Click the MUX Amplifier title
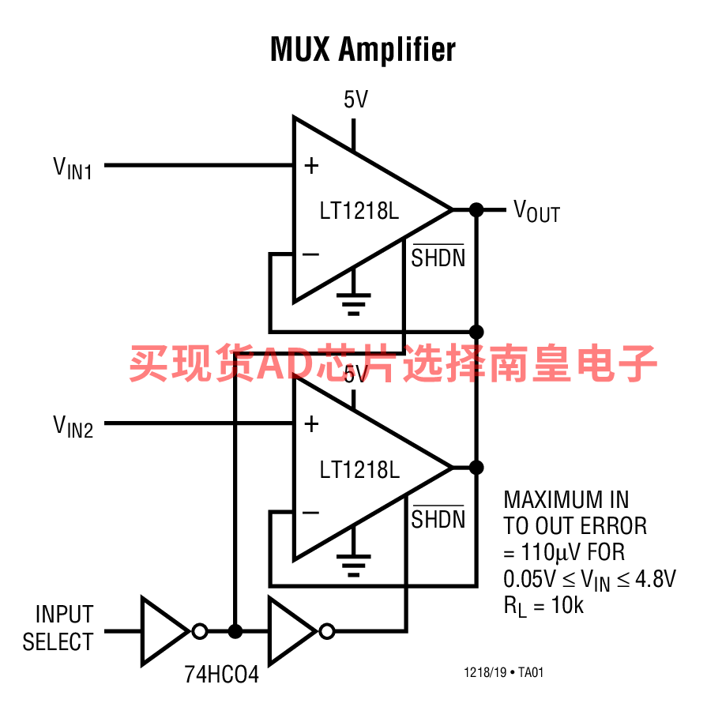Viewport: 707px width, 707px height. (x=363, y=49)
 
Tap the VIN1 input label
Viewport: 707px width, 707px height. (x=73, y=168)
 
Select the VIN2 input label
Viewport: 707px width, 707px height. (x=73, y=427)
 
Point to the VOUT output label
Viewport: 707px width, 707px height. (x=536, y=211)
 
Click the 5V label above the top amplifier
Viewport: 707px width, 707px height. (x=355, y=100)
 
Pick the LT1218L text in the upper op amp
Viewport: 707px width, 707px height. (x=359, y=211)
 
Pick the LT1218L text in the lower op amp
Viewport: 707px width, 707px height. (x=359, y=469)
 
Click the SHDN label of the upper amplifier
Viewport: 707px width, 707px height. (x=438, y=256)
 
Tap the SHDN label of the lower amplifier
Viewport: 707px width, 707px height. (x=438, y=517)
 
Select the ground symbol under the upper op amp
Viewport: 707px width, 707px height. (x=354, y=304)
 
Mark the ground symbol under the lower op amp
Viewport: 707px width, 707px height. (x=354, y=566)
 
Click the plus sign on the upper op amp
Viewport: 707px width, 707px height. (x=311, y=166)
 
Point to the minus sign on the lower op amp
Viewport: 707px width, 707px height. (x=310, y=513)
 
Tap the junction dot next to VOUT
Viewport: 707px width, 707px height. (x=476, y=209)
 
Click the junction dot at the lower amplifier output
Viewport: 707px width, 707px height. (x=476, y=468)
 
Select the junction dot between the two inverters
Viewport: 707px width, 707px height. (x=235, y=631)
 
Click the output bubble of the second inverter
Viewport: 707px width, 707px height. (x=327, y=631)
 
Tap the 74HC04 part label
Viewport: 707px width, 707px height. (x=221, y=675)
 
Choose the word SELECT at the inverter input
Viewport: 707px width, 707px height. (x=58, y=641)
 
